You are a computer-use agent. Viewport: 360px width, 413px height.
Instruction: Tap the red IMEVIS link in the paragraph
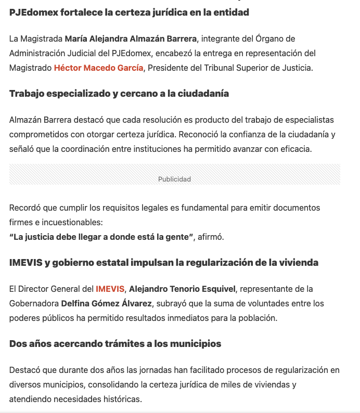[110, 289]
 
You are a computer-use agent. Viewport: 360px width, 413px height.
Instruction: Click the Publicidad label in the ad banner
[174, 179]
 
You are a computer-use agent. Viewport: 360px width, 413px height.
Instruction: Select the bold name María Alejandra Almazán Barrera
[130, 38]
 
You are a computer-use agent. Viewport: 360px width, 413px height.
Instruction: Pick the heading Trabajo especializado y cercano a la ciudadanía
[119, 94]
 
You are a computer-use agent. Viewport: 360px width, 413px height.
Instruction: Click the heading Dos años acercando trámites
[115, 344]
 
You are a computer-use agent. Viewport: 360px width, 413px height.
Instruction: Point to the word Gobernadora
[33, 303]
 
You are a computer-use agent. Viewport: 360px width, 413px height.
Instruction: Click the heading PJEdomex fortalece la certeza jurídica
[129, 12]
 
